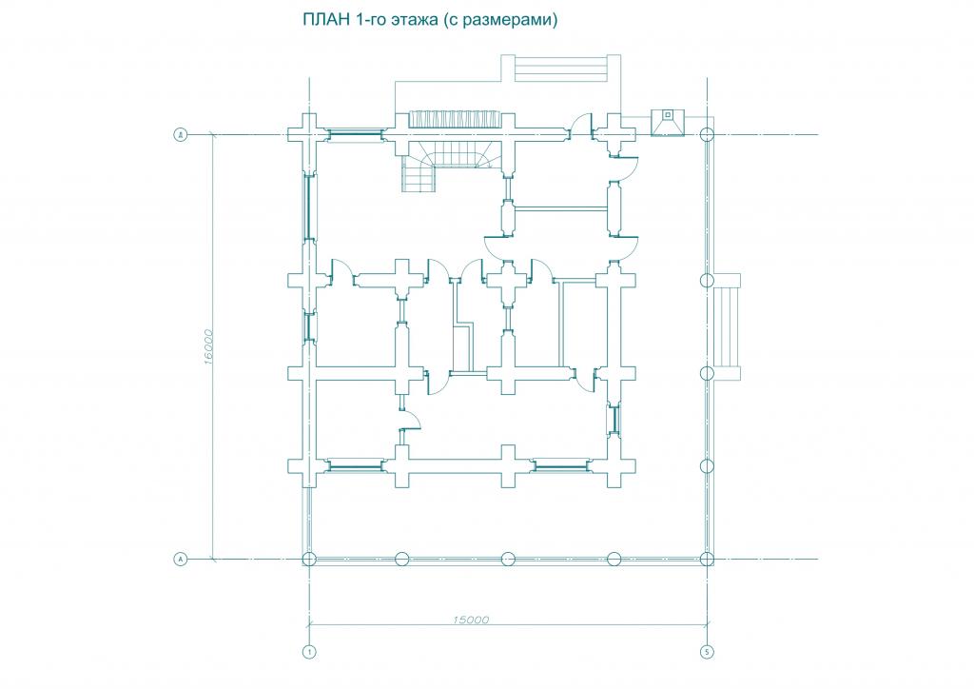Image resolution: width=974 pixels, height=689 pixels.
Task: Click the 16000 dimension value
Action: tap(207, 345)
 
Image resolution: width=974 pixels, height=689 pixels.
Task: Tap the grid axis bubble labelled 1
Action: tap(307, 652)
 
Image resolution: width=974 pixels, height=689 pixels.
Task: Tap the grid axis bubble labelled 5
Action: tap(706, 652)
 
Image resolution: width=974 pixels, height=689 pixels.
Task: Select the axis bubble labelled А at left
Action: tap(180, 559)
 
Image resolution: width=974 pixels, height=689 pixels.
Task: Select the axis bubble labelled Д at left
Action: tap(180, 135)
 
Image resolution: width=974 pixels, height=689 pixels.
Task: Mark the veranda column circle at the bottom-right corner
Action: tap(706, 559)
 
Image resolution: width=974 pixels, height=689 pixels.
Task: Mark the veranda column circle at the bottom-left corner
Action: tap(307, 559)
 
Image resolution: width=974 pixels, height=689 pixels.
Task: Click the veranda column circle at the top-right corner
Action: tap(706, 135)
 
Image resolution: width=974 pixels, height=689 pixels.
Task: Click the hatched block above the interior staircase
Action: tap(447, 120)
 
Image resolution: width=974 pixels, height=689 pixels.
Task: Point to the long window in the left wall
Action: tap(307, 205)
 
